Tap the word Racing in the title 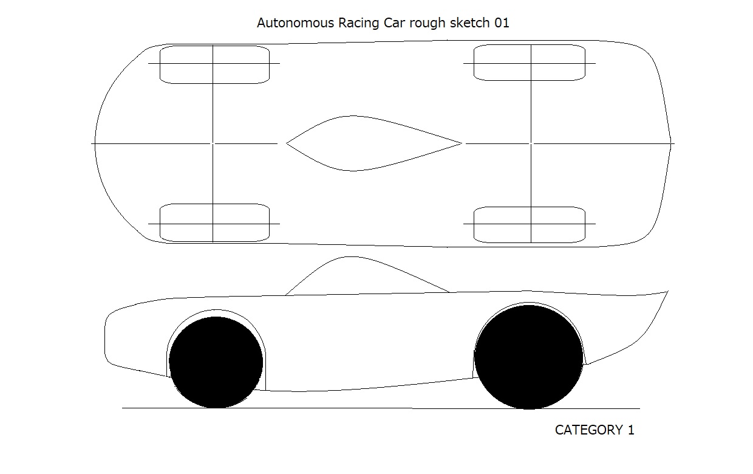click(x=358, y=24)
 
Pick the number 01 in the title click(x=502, y=23)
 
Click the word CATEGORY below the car click(x=588, y=430)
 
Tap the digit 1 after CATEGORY click(x=631, y=430)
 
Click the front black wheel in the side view click(x=216, y=362)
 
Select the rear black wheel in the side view click(x=528, y=357)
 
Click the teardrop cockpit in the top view click(x=374, y=143)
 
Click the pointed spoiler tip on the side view click(x=667, y=291)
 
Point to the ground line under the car click(x=381, y=408)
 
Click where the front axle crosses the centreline click(x=213, y=143)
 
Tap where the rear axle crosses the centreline click(x=531, y=143)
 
